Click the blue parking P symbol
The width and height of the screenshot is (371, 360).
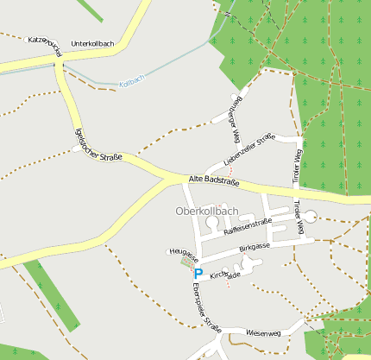(x=198, y=273)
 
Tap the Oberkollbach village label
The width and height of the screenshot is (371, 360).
(x=206, y=212)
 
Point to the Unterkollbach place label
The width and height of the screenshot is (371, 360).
(x=92, y=43)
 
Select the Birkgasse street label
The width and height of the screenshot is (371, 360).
(x=255, y=248)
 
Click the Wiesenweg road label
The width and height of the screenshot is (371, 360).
(x=263, y=332)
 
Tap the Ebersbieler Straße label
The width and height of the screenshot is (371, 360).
(x=207, y=307)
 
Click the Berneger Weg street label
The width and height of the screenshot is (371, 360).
(x=235, y=117)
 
